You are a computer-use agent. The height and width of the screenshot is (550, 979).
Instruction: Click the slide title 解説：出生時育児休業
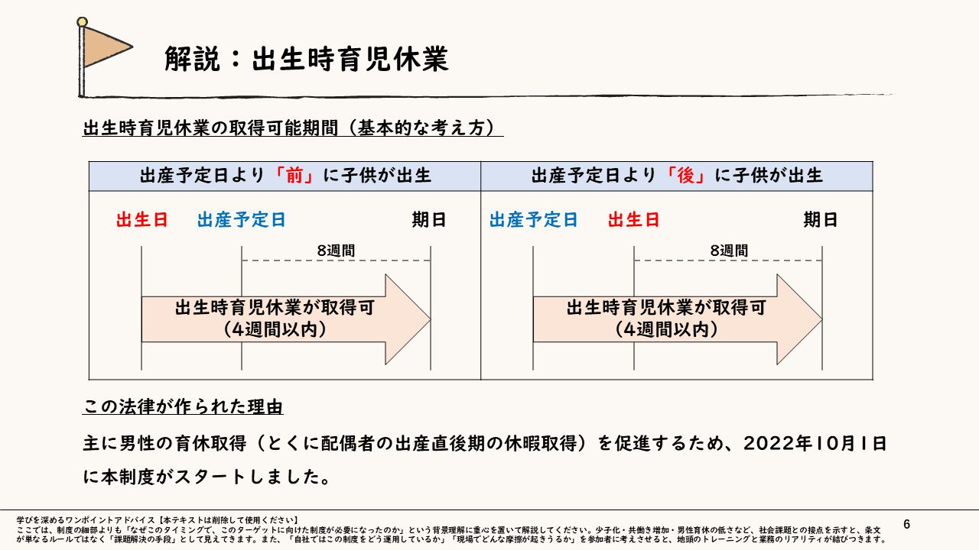(x=306, y=60)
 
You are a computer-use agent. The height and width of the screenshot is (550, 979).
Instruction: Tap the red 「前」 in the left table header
(x=293, y=176)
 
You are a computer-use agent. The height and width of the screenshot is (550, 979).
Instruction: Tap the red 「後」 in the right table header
(x=685, y=176)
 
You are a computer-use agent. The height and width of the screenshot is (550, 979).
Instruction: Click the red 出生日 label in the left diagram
(x=141, y=220)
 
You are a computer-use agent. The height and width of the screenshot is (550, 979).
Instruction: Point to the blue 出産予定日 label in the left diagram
(x=241, y=220)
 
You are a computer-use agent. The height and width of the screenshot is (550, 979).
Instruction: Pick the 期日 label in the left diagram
(x=428, y=220)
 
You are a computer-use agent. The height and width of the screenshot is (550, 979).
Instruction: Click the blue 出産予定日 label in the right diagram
(x=533, y=220)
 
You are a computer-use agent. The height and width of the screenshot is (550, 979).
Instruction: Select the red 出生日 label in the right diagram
(x=633, y=220)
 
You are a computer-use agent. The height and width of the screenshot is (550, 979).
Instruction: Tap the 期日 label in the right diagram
(x=820, y=220)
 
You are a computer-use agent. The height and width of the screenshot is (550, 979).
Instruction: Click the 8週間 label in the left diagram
(x=336, y=250)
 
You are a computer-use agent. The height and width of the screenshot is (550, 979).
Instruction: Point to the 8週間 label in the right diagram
(x=729, y=250)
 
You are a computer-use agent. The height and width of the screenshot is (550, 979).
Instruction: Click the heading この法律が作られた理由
(x=183, y=406)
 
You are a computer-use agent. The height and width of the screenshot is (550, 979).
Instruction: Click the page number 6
(x=907, y=524)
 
